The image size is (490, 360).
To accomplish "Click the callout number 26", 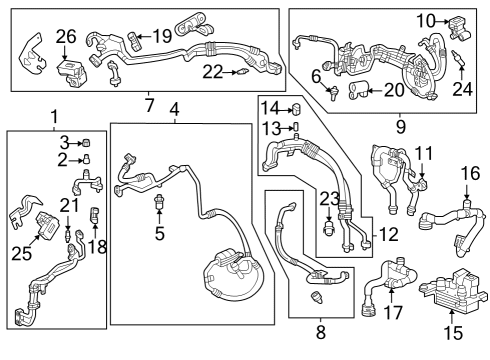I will [66, 37].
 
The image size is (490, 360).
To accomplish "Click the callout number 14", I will [271, 108].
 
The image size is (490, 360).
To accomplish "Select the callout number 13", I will [271, 127].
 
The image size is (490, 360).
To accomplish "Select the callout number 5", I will [158, 235].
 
